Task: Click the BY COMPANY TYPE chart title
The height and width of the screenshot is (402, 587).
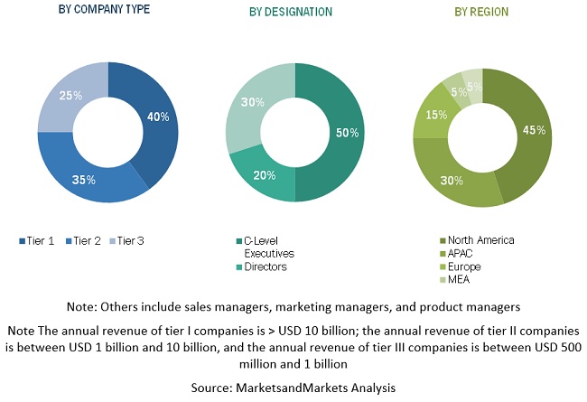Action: pyautogui.click(x=104, y=10)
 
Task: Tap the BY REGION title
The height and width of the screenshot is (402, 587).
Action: pyautogui.click(x=481, y=12)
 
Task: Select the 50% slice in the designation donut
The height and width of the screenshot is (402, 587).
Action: pyautogui.click(x=341, y=133)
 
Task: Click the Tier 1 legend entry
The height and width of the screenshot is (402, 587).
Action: pyautogui.click(x=37, y=241)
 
